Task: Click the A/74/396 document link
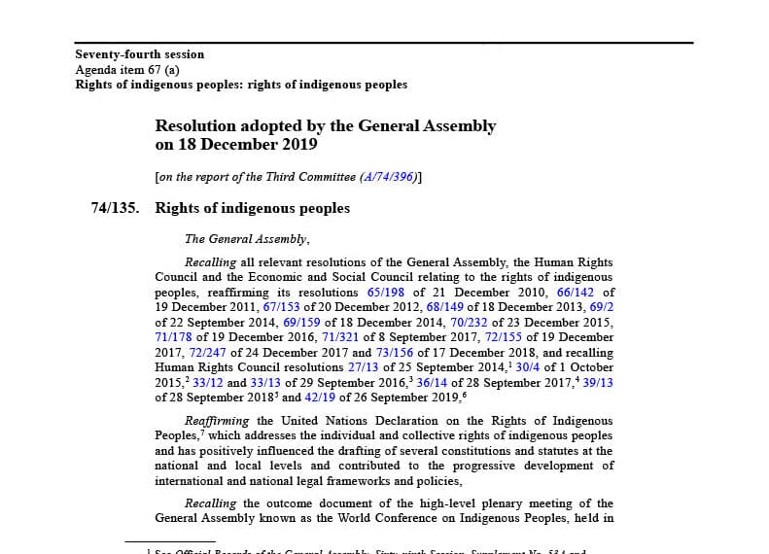tap(388, 177)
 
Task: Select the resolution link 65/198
tap(386, 293)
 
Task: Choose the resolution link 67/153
tap(282, 307)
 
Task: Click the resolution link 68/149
tap(445, 307)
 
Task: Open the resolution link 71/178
tap(175, 337)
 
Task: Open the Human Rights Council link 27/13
tap(363, 367)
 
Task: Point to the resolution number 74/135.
tap(115, 208)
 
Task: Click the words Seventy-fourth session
tap(140, 54)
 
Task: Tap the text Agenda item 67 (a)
tap(127, 70)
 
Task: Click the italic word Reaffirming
tap(217, 421)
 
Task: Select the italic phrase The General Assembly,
tap(247, 239)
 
